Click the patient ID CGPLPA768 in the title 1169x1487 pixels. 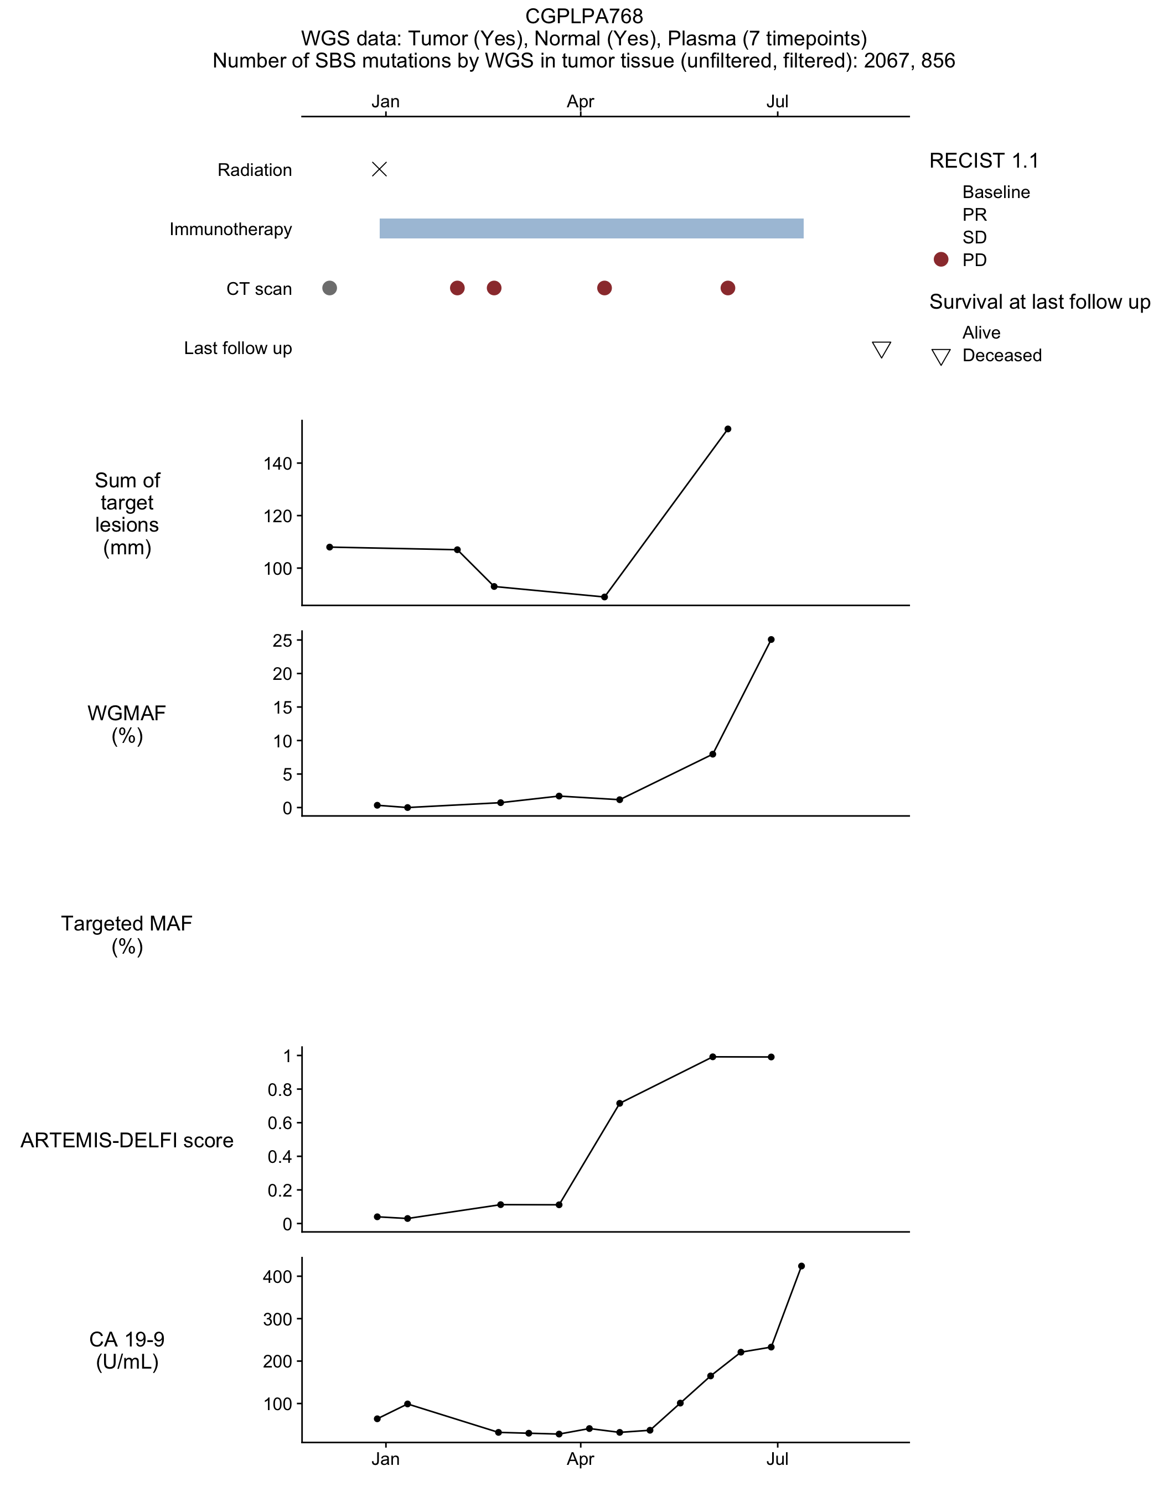584,15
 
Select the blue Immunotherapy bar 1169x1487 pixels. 591,228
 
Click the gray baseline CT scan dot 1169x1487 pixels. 329,288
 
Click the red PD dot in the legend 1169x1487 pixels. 941,259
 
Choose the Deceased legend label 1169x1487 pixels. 1002,356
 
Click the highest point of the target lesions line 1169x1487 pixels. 727,429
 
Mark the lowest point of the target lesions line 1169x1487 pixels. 604,597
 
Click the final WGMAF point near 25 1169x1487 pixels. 772,639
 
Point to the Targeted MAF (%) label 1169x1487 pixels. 127,935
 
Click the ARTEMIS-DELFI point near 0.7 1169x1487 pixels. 619,1103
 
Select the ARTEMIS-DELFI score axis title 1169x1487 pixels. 127,1140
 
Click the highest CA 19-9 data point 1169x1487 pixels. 801,1266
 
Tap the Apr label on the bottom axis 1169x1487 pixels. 581,1459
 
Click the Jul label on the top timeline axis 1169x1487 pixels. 778,102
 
